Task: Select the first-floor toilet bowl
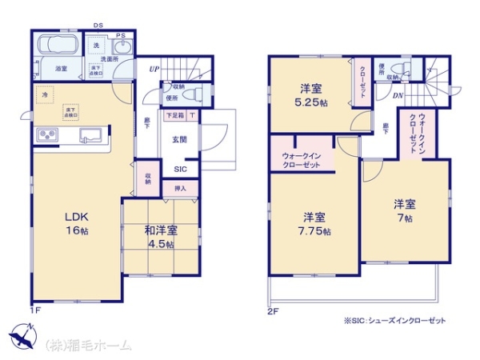pos(192,94)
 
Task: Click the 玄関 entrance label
pos(179,140)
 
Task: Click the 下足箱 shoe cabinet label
pos(174,116)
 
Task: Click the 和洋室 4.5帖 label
pos(161,236)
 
